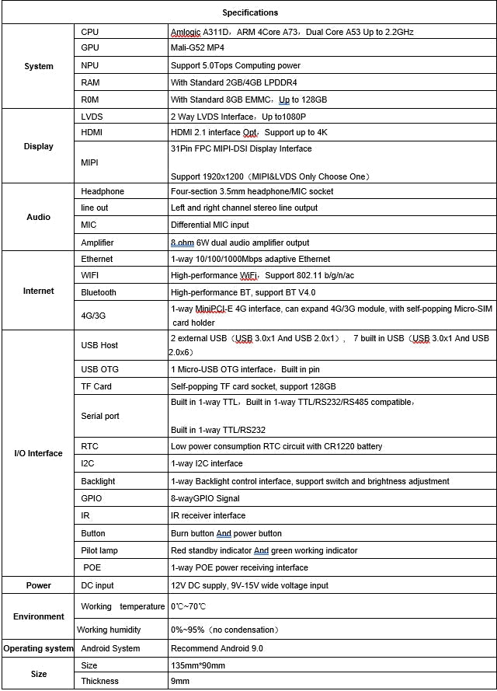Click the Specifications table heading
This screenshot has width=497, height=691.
pos(249,12)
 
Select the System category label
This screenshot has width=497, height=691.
pos(39,66)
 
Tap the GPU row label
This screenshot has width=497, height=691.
pos(90,49)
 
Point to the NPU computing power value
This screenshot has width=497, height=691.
pos(235,66)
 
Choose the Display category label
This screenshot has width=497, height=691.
pos(39,146)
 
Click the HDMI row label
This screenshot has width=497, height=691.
pos(92,132)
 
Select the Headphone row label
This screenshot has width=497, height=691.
pos(103,191)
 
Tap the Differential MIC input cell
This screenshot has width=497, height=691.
pos(210,225)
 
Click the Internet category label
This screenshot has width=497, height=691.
pos(39,291)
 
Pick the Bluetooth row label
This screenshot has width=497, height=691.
pos(99,292)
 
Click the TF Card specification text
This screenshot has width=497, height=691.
pos(253,386)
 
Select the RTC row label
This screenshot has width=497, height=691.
pos(89,446)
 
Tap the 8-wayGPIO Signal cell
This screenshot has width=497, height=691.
pos(205,498)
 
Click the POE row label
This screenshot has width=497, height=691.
pos(92,567)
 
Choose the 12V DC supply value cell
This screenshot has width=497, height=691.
pos(249,585)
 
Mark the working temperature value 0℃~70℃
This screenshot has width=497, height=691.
pos(189,606)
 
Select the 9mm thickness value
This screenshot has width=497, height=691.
pos(179,681)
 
